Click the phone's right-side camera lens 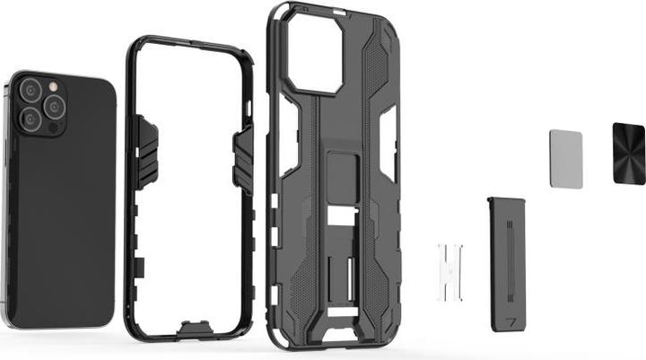(54, 108)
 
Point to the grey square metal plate (565, 159)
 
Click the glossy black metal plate (629, 154)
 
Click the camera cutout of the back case (313, 55)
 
